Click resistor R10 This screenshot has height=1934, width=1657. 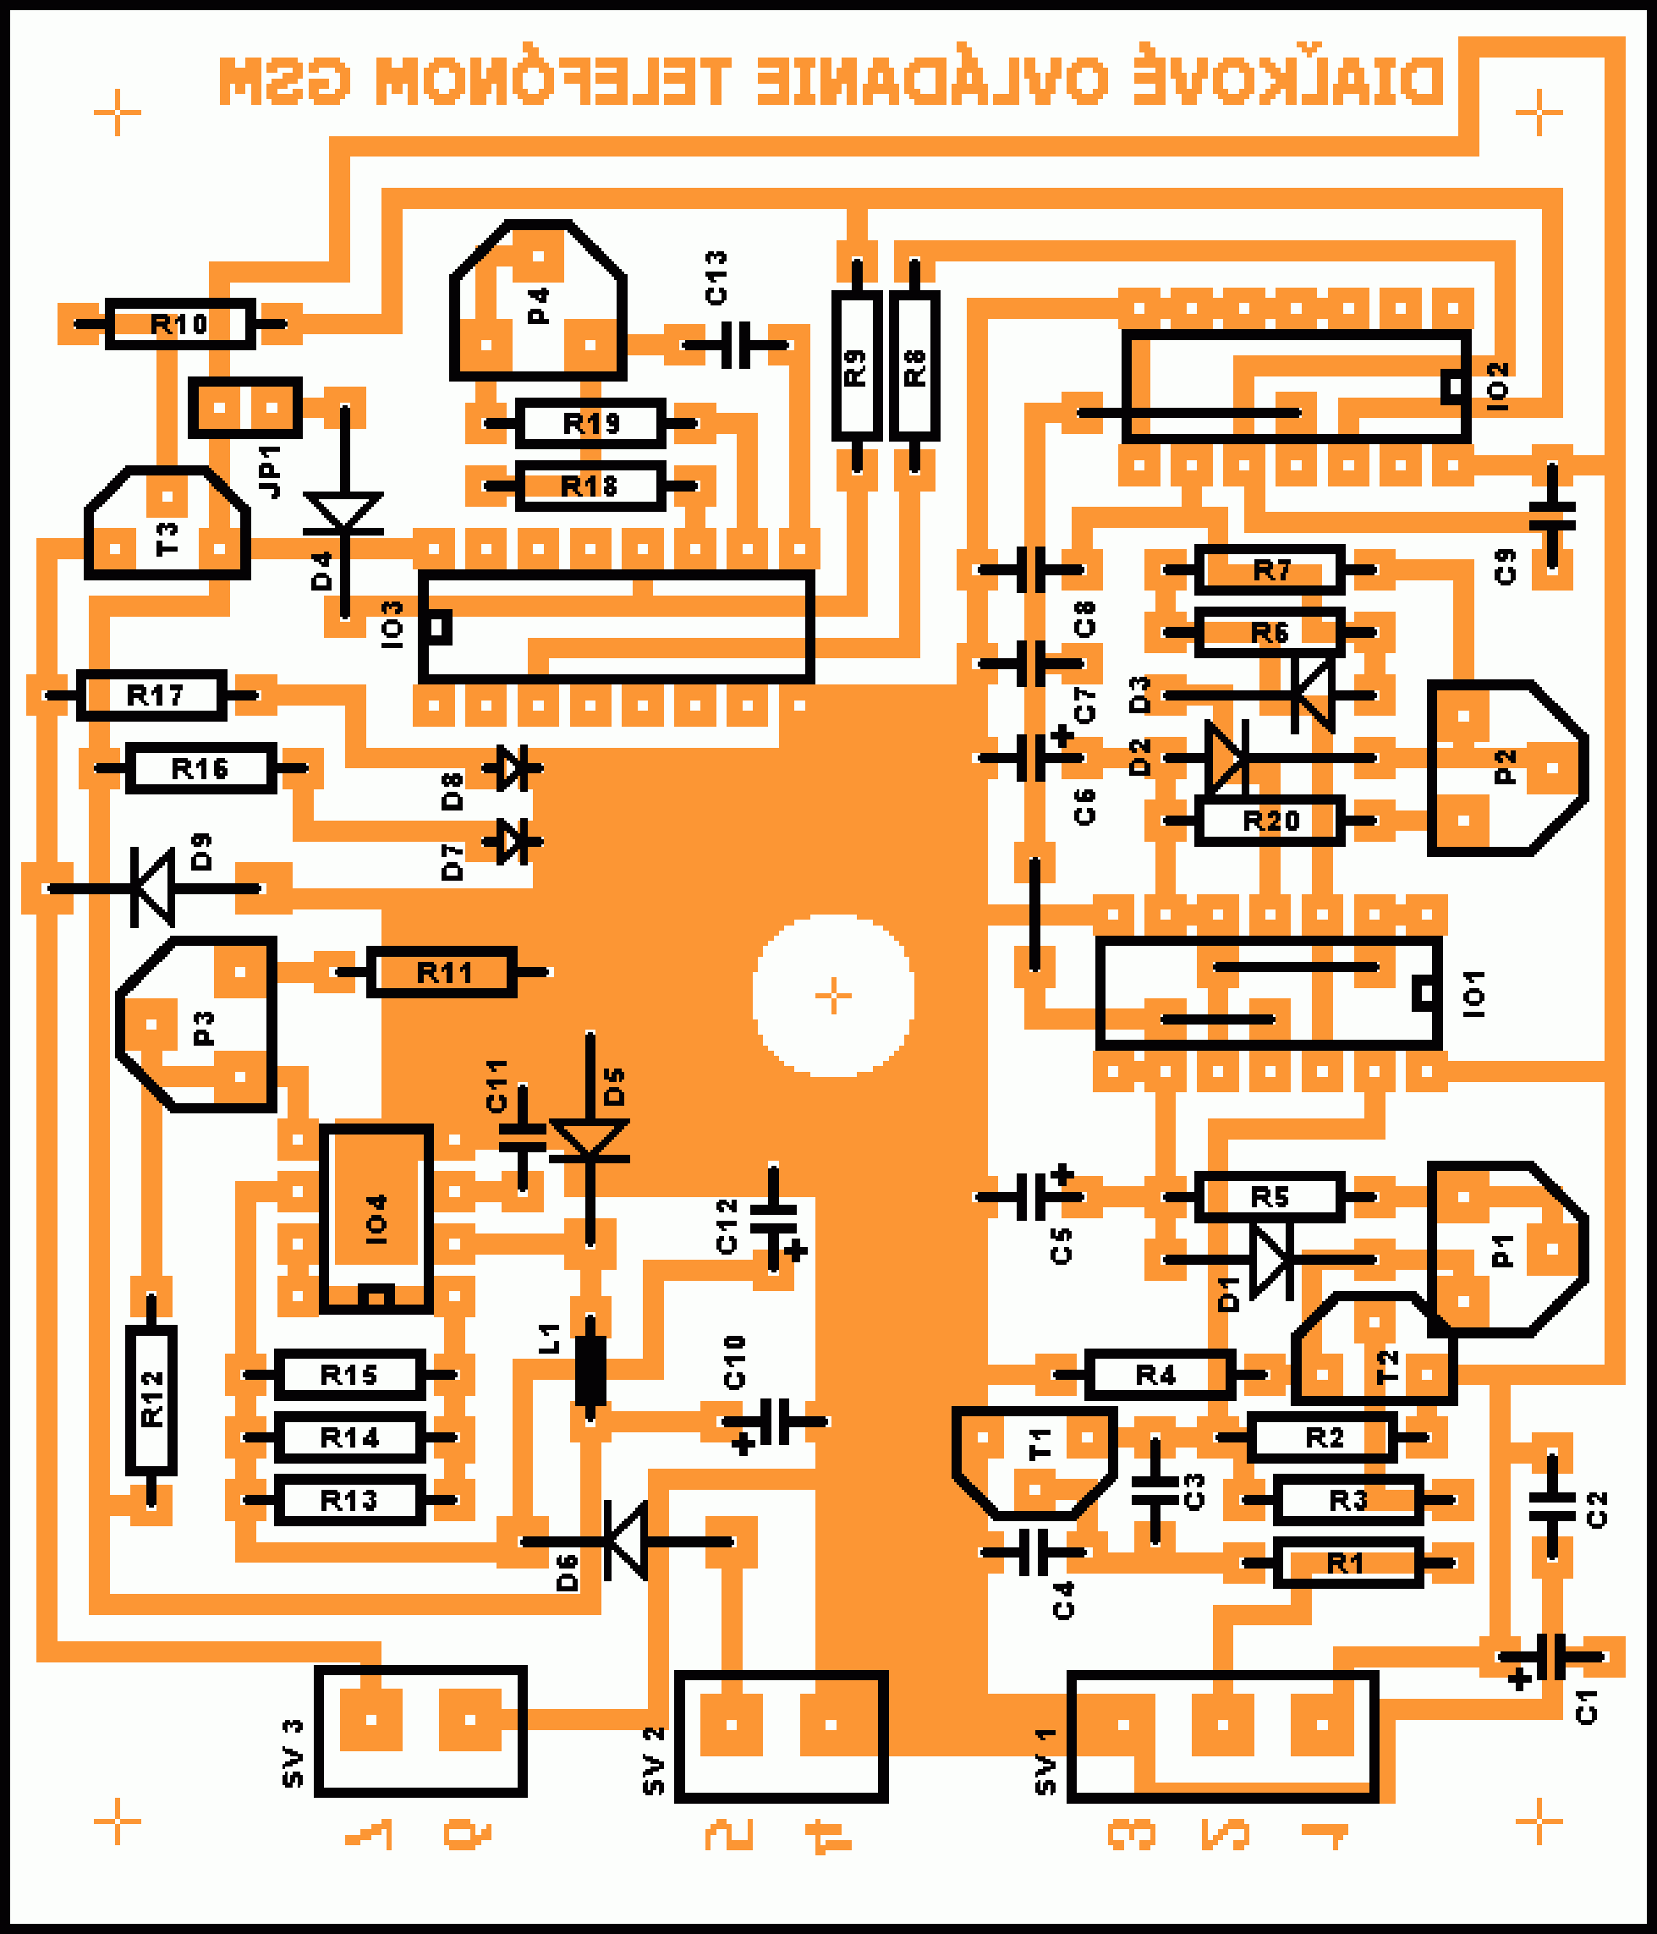(180, 324)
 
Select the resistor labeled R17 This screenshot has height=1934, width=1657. (152, 695)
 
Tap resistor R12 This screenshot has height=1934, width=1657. (151, 1399)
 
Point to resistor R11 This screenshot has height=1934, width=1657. (442, 973)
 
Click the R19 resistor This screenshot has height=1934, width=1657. (590, 424)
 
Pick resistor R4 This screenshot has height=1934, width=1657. (1160, 1374)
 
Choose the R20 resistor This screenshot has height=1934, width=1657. (1270, 821)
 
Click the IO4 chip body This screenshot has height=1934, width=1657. (376, 1217)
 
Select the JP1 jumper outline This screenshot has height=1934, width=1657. (245, 407)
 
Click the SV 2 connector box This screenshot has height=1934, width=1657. (781, 1736)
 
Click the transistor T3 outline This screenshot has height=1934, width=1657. (168, 525)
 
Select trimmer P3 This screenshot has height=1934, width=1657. (198, 1025)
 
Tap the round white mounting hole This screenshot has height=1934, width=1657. (833, 995)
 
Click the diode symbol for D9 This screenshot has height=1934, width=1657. (154, 887)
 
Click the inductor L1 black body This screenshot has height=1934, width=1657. (590, 1371)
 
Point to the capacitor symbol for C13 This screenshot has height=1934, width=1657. (737, 345)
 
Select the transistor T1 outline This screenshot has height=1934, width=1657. (1034, 1461)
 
